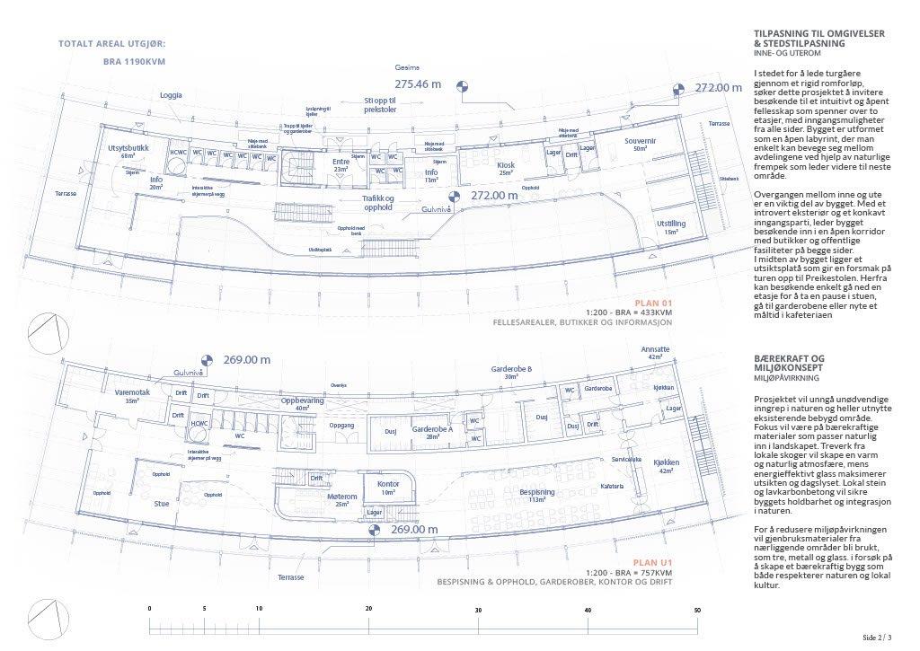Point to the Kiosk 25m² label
click(506, 168)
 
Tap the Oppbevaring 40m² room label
click(301, 404)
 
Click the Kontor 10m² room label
click(388, 488)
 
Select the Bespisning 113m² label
click(537, 497)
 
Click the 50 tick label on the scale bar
click(697, 611)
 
